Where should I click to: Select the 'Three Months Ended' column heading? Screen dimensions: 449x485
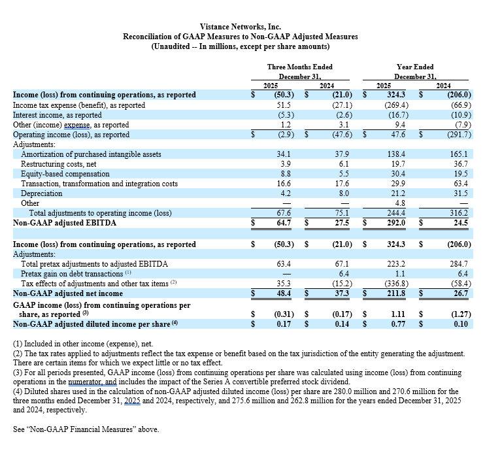(299, 67)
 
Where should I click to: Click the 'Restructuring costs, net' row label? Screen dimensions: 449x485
(59, 164)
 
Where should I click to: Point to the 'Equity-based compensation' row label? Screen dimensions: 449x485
(65, 174)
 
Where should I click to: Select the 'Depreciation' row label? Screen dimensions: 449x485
(42, 193)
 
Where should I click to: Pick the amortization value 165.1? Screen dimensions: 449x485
(460, 154)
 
